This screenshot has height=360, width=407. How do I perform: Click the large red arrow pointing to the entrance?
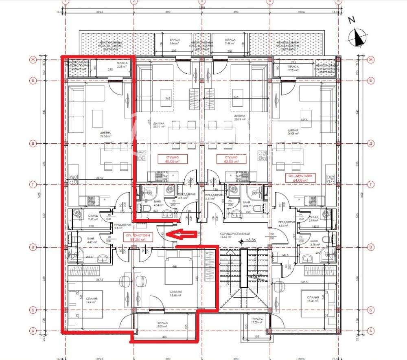[182, 235]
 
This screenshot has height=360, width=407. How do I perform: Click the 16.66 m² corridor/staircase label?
[229, 237]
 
